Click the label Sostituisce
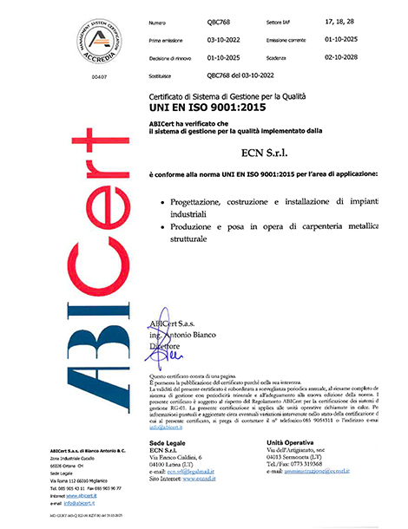pos(165,75)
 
